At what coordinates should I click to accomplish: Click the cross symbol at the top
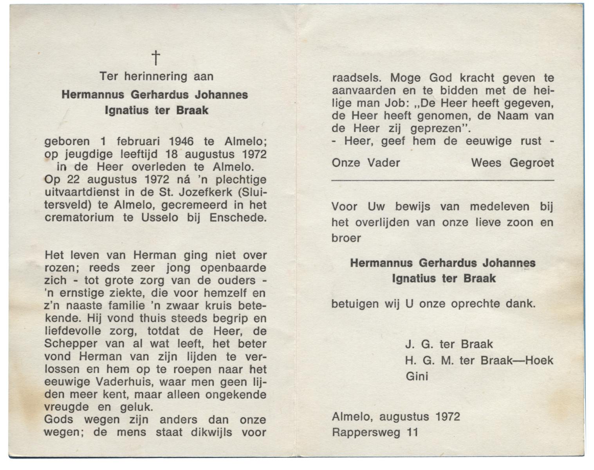tap(156, 58)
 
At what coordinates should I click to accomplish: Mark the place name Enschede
tap(238, 218)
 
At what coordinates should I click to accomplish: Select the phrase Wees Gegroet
tap(512, 163)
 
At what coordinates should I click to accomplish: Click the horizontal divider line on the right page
tap(442, 180)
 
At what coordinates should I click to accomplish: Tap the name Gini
tap(417, 376)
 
